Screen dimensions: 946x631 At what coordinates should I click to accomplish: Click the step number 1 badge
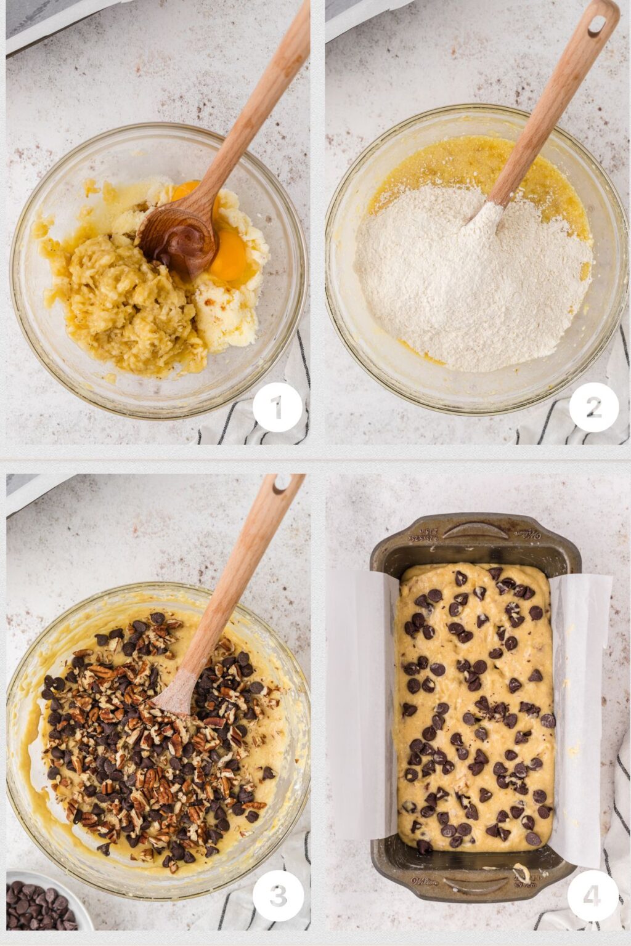pyautogui.click(x=277, y=407)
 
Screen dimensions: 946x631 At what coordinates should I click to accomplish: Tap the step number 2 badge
pyautogui.click(x=593, y=407)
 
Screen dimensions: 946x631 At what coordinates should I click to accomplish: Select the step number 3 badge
pyautogui.click(x=278, y=896)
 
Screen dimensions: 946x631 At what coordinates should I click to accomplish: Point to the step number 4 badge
pyautogui.click(x=592, y=896)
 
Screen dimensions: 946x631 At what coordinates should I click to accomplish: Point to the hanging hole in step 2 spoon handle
pyautogui.click(x=596, y=24)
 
